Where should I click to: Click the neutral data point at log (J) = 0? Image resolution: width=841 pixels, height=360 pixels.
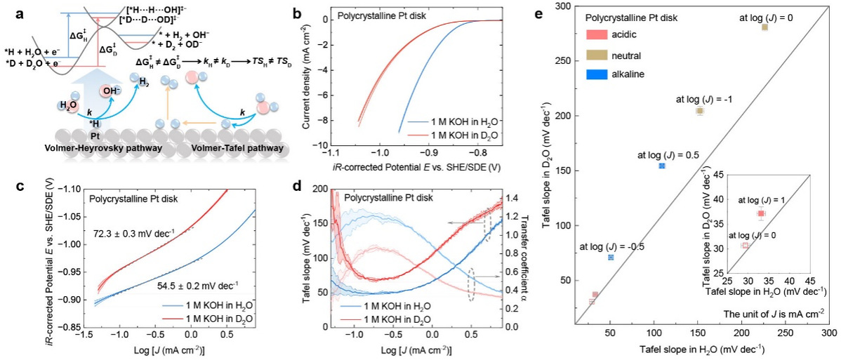[764, 27]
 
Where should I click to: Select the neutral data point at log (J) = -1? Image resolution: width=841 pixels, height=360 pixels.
[699, 111]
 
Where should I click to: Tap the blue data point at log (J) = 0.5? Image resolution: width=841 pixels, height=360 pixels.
[661, 166]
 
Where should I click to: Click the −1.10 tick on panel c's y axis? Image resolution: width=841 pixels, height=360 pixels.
[62, 189]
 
